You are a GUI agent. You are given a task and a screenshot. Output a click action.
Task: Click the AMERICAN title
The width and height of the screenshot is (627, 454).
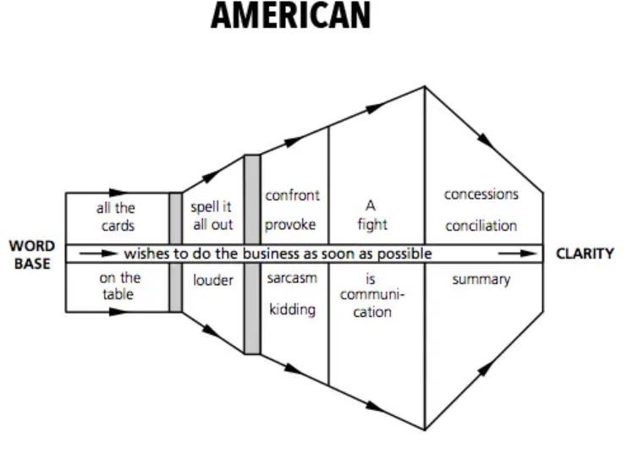tap(291, 15)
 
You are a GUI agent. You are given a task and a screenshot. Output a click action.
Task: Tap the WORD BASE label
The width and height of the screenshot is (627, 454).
tap(32, 254)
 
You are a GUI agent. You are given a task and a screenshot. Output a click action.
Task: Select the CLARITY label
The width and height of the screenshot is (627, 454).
tap(585, 254)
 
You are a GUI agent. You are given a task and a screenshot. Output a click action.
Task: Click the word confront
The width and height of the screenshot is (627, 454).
tap(292, 195)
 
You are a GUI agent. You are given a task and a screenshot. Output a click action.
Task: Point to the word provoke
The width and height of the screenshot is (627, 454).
tap(290, 225)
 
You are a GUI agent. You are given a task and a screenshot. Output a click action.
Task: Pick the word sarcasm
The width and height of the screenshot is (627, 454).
tap(292, 278)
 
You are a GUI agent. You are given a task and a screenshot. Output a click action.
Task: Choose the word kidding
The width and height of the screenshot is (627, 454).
tap(292, 309)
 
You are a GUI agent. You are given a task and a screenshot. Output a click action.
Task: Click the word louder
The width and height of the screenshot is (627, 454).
tap(212, 280)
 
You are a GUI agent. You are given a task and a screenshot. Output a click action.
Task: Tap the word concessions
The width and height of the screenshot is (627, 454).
tap(481, 194)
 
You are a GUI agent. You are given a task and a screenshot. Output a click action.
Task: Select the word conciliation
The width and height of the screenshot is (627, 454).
tap(481, 226)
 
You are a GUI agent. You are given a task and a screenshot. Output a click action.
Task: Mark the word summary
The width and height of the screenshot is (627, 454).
tap(481, 279)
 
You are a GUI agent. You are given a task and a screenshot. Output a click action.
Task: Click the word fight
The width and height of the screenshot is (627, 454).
tap(372, 224)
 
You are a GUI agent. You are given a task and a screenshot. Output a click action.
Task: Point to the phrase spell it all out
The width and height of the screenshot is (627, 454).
tap(212, 216)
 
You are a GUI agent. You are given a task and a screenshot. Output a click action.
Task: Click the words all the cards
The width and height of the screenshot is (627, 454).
tap(116, 217)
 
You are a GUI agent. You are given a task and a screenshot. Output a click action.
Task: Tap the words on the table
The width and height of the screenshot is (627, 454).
tap(119, 286)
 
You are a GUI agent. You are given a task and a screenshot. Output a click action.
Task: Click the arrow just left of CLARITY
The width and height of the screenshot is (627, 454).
tap(518, 254)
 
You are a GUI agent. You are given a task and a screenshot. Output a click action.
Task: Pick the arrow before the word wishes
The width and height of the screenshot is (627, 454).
tap(98, 254)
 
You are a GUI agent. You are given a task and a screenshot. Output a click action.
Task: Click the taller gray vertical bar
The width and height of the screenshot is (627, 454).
tap(252, 254)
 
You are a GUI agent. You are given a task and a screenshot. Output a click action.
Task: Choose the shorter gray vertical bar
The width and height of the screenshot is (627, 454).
tap(175, 252)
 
